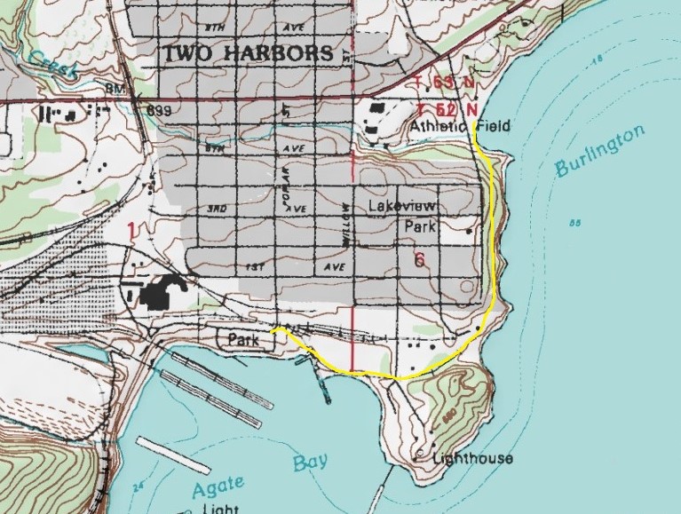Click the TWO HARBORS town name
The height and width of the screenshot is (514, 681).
[248, 53]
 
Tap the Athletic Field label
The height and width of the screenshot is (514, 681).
[460, 127]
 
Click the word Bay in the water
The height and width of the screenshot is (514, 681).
[310, 462]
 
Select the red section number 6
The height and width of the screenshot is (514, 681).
[419, 260]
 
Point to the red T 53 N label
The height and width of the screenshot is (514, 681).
[440, 83]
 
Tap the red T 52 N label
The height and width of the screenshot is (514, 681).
[440, 107]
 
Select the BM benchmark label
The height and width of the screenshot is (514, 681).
[138, 91]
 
